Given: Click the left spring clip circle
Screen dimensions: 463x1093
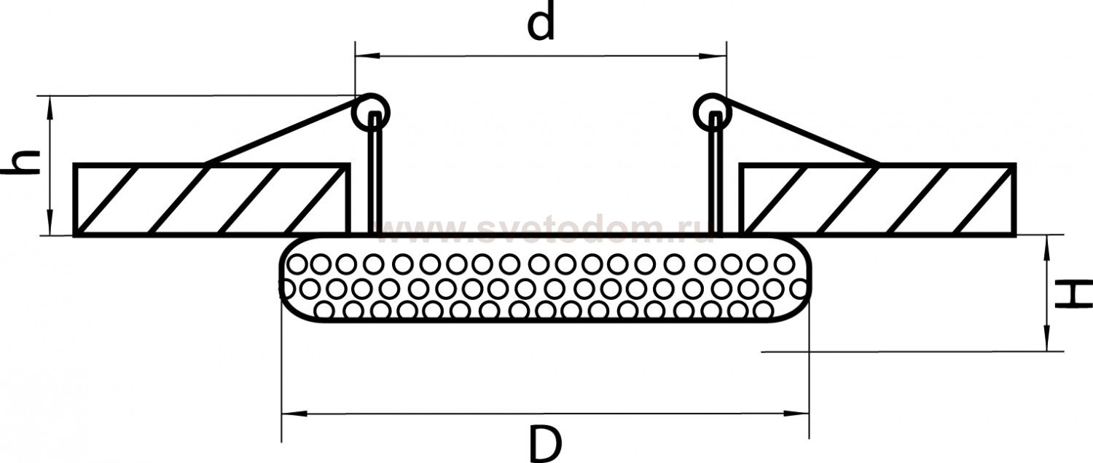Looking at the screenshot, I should [371, 112].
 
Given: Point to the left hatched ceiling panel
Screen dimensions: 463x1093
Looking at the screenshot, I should [211, 199].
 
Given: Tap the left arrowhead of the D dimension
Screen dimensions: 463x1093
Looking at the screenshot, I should [291, 413].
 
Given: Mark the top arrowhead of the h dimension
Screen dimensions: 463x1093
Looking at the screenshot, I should [50, 104].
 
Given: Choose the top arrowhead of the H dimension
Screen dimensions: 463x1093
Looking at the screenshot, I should [1047, 244].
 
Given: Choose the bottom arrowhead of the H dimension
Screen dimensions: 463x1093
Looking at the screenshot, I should [1047, 343].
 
